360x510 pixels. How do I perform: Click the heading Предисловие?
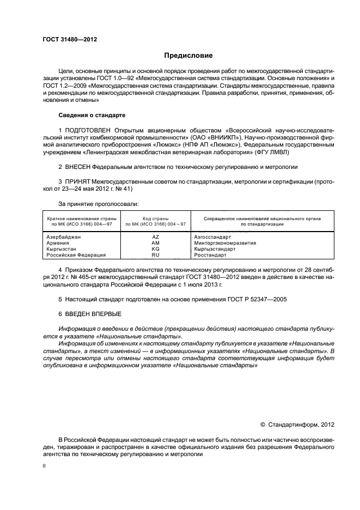pyautogui.click(x=188, y=56)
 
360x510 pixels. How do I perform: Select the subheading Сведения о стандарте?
pyautogui.click(x=91, y=116)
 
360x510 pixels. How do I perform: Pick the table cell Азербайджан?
pyautogui.click(x=65, y=237)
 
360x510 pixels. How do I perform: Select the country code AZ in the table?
pyautogui.click(x=155, y=237)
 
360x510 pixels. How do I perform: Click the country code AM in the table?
pyautogui.click(x=155, y=243)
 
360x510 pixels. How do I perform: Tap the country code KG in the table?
pyautogui.click(x=155, y=249)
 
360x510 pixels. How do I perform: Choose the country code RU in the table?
pyautogui.click(x=155, y=255)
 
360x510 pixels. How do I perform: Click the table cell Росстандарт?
pyautogui.click(x=209, y=255)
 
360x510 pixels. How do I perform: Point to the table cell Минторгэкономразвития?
pyautogui.click(x=225, y=243)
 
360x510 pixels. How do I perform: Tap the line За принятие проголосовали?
pyautogui.click(x=96, y=204)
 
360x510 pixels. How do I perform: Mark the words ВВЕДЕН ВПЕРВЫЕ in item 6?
pyautogui.click(x=93, y=314)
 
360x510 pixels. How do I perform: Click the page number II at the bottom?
pyautogui.click(x=45, y=466)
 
